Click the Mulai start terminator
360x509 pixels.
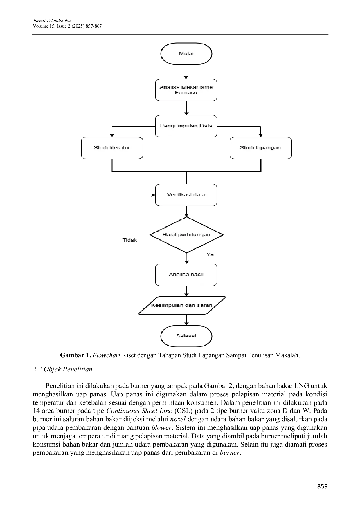click(x=186, y=54)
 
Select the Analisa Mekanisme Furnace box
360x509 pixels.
click(x=186, y=90)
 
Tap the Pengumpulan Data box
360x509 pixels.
click(x=186, y=126)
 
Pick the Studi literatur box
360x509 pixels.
click(x=112, y=148)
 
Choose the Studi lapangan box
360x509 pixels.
click(x=260, y=148)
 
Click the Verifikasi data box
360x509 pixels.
click(x=186, y=195)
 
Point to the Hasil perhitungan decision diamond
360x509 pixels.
click(x=186, y=235)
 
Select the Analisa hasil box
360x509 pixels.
click(x=186, y=275)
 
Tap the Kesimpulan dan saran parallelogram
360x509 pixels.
click(x=182, y=306)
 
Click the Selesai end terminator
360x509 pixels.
click(x=186, y=336)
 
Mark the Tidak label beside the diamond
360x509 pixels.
click(x=130, y=240)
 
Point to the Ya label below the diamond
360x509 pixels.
click(x=210, y=255)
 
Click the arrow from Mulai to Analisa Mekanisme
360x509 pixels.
click(x=186, y=72)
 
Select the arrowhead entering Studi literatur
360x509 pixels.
click(x=112, y=135)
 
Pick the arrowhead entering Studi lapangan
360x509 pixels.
click(x=261, y=135)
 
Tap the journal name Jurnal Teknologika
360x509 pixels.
click(x=52, y=21)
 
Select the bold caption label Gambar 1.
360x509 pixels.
click(x=75, y=355)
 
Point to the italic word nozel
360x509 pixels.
click(x=178, y=419)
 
